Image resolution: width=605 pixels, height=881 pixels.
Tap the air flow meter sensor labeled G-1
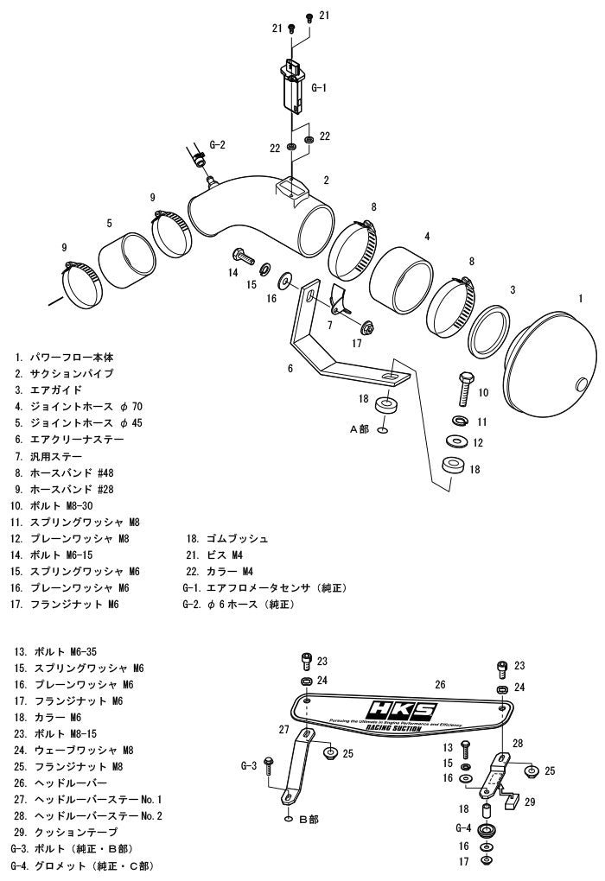[x=293, y=86]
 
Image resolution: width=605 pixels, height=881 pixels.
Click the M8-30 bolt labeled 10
[x=465, y=389]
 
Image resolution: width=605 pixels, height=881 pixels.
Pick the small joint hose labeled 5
[x=127, y=260]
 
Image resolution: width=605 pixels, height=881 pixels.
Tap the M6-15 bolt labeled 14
[x=243, y=258]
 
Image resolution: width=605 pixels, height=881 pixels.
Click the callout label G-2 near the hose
[x=217, y=145]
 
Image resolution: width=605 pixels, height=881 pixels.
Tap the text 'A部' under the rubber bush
[x=360, y=428]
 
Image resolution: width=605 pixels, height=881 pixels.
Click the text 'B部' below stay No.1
[x=309, y=819]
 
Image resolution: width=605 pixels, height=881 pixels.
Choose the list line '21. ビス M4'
[x=214, y=555]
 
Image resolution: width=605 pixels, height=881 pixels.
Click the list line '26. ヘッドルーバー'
[x=60, y=783]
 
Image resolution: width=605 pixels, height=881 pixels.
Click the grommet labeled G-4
[x=485, y=831]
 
